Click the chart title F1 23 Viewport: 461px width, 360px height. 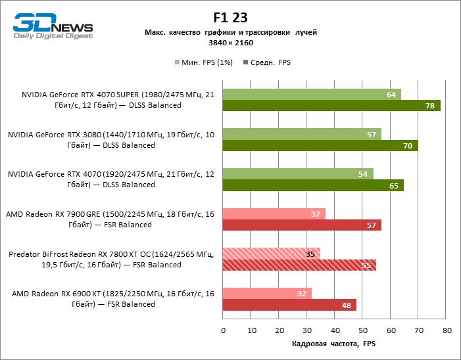(230, 18)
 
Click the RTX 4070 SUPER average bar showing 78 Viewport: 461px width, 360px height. (331, 106)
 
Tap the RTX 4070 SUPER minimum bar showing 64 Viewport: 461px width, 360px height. (312, 95)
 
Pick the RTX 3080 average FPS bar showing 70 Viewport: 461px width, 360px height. (320, 145)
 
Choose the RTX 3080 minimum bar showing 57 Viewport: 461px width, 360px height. (302, 134)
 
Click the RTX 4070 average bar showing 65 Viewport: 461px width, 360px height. (313, 185)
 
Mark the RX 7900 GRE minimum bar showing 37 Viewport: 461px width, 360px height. (274, 214)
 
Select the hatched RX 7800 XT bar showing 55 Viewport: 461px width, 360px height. (299, 265)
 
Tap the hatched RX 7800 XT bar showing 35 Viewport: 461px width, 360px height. (272, 254)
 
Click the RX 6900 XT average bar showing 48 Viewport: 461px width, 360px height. (289, 305)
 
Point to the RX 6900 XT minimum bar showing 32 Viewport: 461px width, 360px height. (267, 294)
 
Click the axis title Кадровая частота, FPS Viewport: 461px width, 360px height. (335, 344)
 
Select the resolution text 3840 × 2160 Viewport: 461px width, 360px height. (230, 43)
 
